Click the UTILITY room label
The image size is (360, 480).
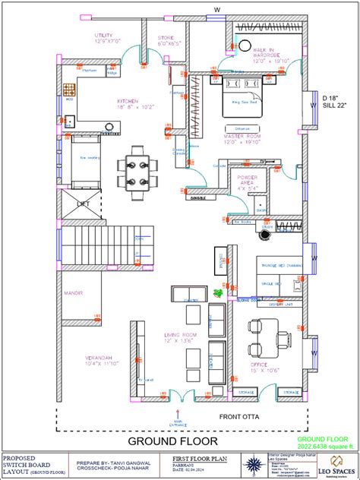(x=103, y=36)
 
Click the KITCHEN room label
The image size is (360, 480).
(x=128, y=101)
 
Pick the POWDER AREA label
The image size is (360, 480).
(x=248, y=179)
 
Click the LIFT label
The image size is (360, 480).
(x=81, y=204)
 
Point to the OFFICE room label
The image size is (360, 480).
(x=264, y=367)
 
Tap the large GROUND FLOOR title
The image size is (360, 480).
(x=172, y=441)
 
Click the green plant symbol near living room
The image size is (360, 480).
(x=219, y=291)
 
